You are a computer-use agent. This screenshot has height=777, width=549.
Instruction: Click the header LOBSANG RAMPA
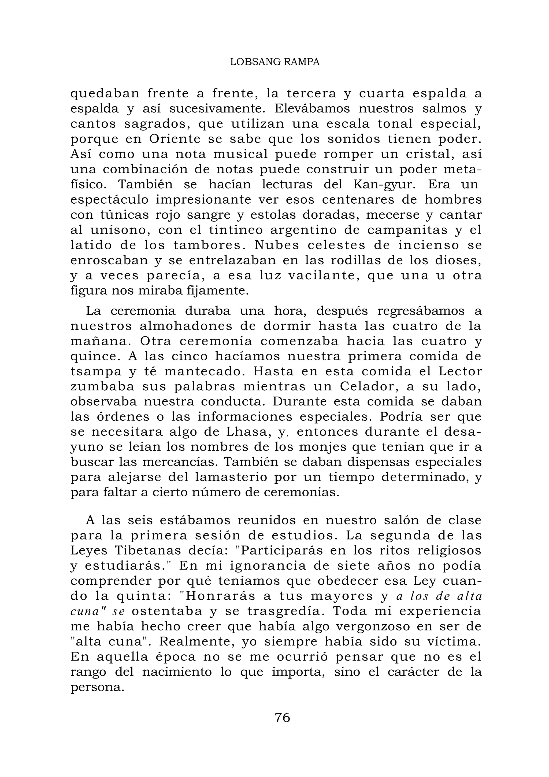pyautogui.click(x=274, y=62)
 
